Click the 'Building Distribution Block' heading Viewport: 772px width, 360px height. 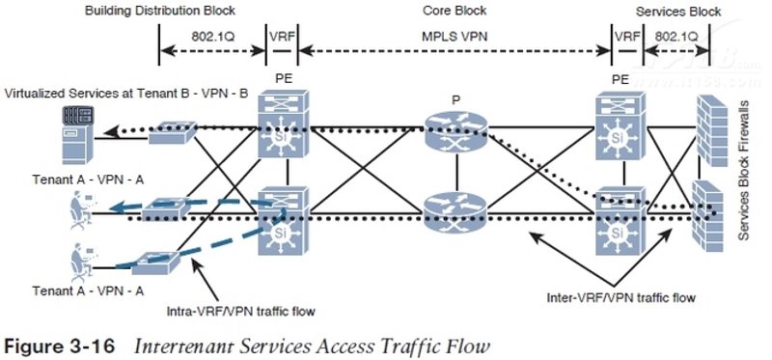tap(160, 11)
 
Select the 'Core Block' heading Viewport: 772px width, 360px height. tap(455, 11)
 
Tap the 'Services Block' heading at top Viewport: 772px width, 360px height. tap(678, 12)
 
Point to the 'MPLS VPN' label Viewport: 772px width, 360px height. tap(455, 36)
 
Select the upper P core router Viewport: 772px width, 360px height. tap(455, 130)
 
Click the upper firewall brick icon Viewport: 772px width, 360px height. tap(712, 131)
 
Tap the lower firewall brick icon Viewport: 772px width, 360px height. tap(707, 216)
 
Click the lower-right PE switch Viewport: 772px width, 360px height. tap(620, 221)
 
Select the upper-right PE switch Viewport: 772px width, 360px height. tap(620, 127)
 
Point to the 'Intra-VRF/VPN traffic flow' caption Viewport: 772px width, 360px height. tap(241, 311)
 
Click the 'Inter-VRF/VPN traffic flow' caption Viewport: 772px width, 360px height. tap(620, 297)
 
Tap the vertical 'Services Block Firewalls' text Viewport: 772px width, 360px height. tap(743, 171)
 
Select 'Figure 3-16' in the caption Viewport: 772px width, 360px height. tap(59, 346)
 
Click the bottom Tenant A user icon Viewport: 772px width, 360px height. tap(81, 261)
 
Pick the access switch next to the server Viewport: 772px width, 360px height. tap(173, 133)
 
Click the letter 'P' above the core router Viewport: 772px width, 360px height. tap(455, 101)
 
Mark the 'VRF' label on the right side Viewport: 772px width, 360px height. tap(627, 36)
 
